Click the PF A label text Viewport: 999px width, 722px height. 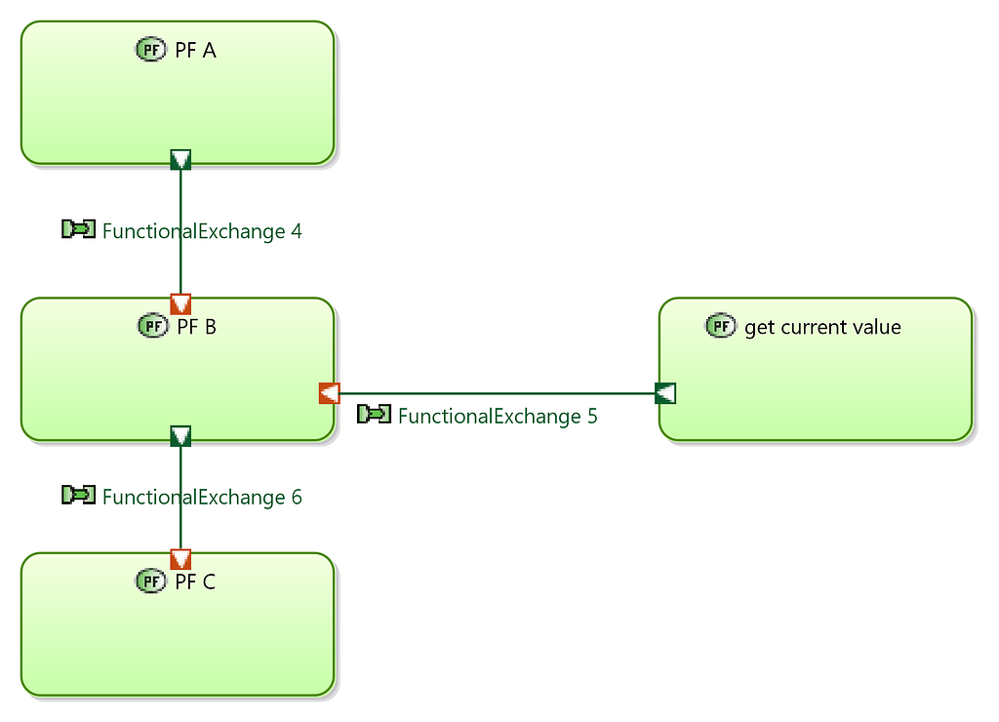pyautogui.click(x=195, y=50)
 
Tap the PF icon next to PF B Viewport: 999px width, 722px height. pyautogui.click(x=152, y=326)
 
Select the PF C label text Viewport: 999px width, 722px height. pyautogui.click(x=195, y=582)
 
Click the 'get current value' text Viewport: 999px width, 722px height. pyautogui.click(x=822, y=327)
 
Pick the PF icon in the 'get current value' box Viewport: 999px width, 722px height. pyautogui.click(x=720, y=326)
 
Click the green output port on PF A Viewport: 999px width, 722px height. pyautogui.click(x=180, y=159)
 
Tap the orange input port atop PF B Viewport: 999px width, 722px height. pyautogui.click(x=180, y=303)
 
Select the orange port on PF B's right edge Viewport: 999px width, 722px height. pyautogui.click(x=329, y=393)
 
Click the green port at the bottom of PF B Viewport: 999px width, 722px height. pyautogui.click(x=180, y=436)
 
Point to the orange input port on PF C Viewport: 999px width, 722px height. pyautogui.click(x=180, y=559)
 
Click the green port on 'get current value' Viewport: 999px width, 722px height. pyautogui.click(x=665, y=393)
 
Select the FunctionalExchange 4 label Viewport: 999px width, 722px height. pyautogui.click(x=202, y=231)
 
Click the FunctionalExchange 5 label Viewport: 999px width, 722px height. pyautogui.click(x=498, y=416)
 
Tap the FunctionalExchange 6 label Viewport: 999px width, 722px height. pyautogui.click(x=202, y=497)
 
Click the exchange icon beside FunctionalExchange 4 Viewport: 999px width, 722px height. pyautogui.click(x=78, y=229)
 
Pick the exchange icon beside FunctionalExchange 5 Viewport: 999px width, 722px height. pyautogui.click(x=374, y=415)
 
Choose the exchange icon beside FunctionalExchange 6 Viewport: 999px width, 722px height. pyautogui.click(x=78, y=496)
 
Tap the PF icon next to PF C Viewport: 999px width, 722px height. pyautogui.click(x=150, y=582)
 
